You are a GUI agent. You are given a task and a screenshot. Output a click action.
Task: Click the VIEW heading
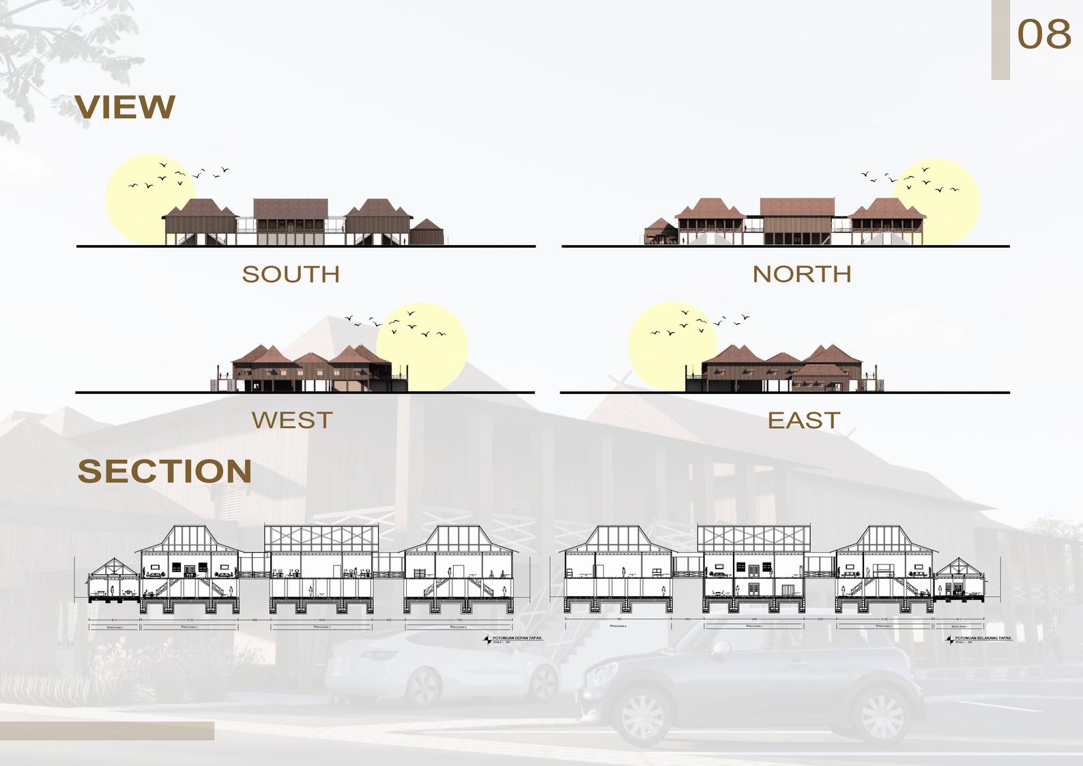pyautogui.click(x=125, y=107)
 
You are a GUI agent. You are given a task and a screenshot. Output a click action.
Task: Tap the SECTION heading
pyautogui.click(x=164, y=471)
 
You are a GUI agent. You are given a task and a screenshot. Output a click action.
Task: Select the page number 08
pyautogui.click(x=1043, y=34)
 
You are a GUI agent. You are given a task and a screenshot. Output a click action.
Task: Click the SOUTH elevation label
pyautogui.click(x=291, y=274)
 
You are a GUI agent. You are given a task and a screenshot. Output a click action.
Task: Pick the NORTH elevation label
pyautogui.click(x=802, y=274)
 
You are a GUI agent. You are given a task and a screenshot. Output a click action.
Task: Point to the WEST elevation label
pyautogui.click(x=292, y=420)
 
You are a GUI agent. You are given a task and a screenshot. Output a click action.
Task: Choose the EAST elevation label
pyautogui.click(x=803, y=420)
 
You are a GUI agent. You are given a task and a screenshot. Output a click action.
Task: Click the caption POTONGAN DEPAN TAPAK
pyautogui.click(x=516, y=638)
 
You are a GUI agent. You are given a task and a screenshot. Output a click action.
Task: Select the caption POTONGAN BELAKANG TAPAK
pyautogui.click(x=983, y=638)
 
